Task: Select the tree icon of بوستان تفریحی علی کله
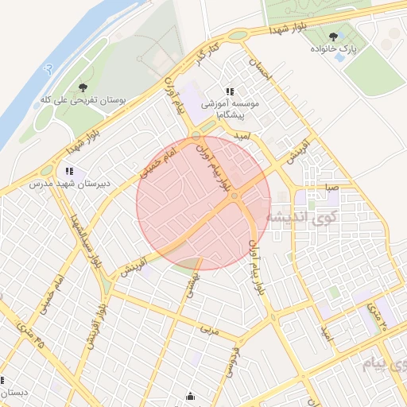[83, 87]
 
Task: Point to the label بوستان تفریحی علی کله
[83, 101]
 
